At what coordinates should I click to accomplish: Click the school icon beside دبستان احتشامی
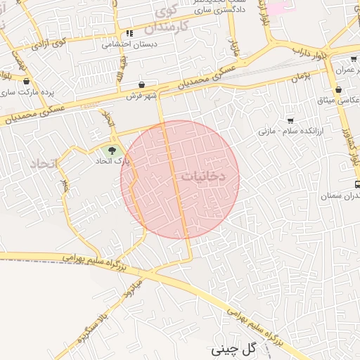129,33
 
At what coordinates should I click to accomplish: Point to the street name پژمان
300,74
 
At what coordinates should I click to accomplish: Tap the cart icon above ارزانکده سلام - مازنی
290,120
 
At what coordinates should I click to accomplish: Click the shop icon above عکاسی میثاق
340,91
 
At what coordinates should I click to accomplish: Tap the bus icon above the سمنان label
358,184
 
